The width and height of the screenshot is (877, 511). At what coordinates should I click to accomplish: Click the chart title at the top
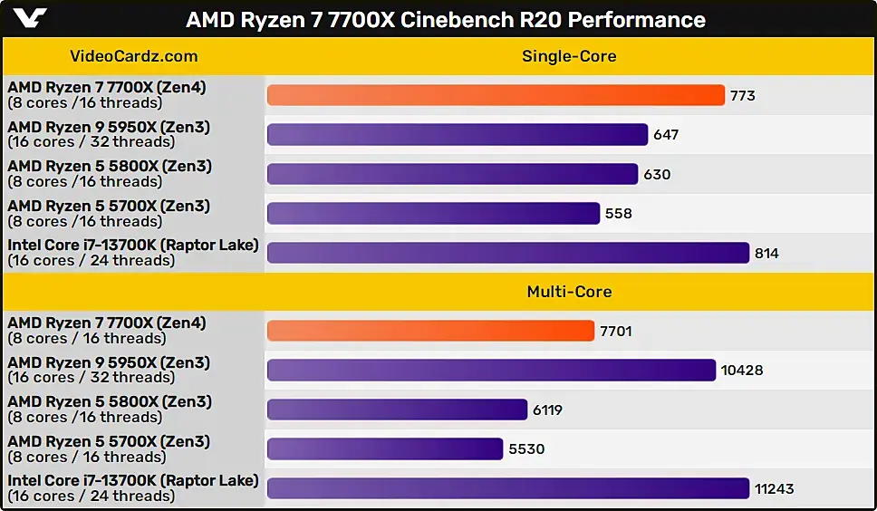(445, 19)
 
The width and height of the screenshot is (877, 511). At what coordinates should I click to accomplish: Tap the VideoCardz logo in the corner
(26, 18)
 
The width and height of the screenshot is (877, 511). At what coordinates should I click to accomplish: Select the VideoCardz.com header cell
(133, 56)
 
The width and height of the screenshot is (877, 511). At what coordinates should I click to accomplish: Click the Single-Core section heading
(569, 56)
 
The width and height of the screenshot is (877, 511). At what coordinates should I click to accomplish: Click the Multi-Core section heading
(569, 292)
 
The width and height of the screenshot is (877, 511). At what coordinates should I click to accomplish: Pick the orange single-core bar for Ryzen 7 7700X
(496, 95)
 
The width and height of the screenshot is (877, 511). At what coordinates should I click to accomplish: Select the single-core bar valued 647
(458, 135)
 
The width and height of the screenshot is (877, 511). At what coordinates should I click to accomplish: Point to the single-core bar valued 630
(452, 174)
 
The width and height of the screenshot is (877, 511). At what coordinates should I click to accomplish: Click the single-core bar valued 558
(433, 213)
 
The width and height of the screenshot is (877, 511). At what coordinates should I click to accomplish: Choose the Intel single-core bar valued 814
(508, 253)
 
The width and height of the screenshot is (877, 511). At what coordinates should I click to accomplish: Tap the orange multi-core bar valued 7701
(430, 331)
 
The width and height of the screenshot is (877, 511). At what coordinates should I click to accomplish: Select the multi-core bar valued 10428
(491, 371)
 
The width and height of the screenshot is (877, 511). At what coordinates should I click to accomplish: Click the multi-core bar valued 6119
(397, 410)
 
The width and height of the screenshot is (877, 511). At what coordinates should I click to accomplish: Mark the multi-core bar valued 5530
(385, 448)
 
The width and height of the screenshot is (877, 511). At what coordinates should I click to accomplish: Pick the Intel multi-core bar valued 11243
(508, 488)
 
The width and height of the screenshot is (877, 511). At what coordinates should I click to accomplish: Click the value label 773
(743, 95)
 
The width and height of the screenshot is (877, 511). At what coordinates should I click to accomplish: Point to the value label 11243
(775, 488)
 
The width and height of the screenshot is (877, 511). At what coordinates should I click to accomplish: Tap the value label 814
(767, 253)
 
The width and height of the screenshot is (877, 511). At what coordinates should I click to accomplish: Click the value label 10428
(742, 371)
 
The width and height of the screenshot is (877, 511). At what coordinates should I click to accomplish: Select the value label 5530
(526, 448)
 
